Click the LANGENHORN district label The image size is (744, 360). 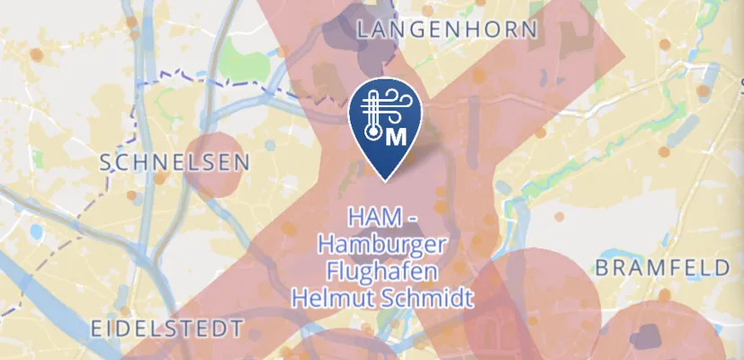click(x=447, y=30)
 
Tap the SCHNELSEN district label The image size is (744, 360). click(x=175, y=163)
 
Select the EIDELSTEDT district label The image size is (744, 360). click(x=167, y=327)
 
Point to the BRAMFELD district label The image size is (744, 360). click(x=662, y=268)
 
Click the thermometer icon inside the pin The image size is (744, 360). click(x=372, y=117)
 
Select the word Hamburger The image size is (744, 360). click(x=382, y=245)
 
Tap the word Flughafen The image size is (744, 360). click(x=382, y=271)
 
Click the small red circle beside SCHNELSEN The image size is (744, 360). click(x=214, y=165)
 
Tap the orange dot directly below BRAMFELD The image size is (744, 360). click(x=664, y=296)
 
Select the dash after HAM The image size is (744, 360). click(x=407, y=219)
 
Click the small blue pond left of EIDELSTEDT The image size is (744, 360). click(x=36, y=231)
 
